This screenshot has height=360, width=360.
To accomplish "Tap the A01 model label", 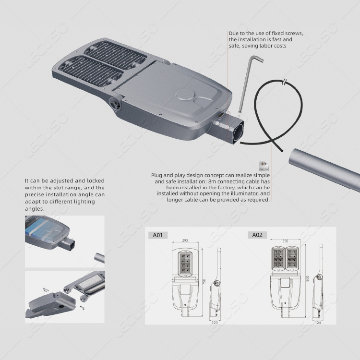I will [x=158, y=235].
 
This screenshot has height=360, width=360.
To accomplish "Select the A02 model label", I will [x=257, y=235].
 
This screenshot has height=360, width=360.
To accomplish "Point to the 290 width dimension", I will [x=185, y=240].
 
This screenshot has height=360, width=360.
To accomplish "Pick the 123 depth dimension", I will [x=215, y=323].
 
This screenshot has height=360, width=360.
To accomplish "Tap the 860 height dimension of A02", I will [x=307, y=278].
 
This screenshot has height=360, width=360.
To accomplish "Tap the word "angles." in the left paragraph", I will [x=34, y=209].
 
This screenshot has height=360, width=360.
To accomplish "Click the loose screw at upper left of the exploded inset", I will [x=45, y=289].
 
